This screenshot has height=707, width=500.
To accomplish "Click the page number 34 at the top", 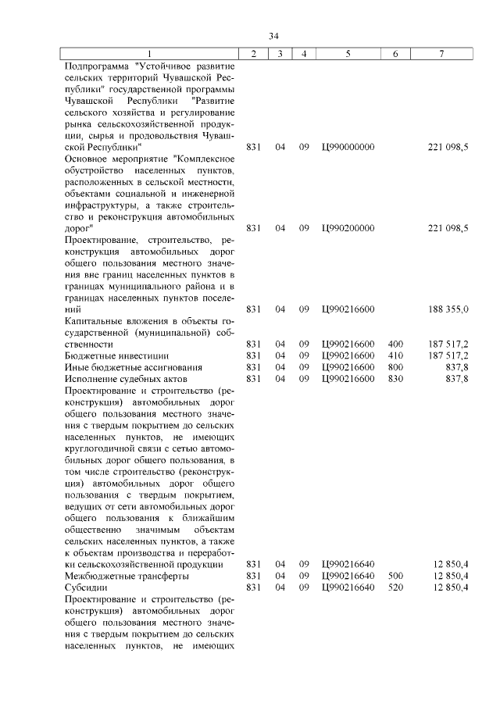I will click(273, 36).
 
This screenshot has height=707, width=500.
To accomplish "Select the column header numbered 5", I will click(348, 53).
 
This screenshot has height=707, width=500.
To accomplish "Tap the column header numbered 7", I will click(441, 53).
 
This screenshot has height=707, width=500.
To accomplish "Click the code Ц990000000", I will click(348, 147).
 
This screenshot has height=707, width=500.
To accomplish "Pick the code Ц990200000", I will click(348, 228).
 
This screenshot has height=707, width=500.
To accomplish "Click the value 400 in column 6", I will click(395, 344).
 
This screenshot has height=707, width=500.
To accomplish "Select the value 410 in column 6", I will click(395, 355).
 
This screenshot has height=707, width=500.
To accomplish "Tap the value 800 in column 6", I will click(395, 367).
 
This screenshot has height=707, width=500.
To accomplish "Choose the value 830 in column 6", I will click(395, 379).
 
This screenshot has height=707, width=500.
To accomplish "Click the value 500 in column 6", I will click(395, 576).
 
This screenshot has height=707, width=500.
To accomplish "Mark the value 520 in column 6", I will click(395, 587).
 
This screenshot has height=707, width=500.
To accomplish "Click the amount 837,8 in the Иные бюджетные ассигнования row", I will click(455, 367).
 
